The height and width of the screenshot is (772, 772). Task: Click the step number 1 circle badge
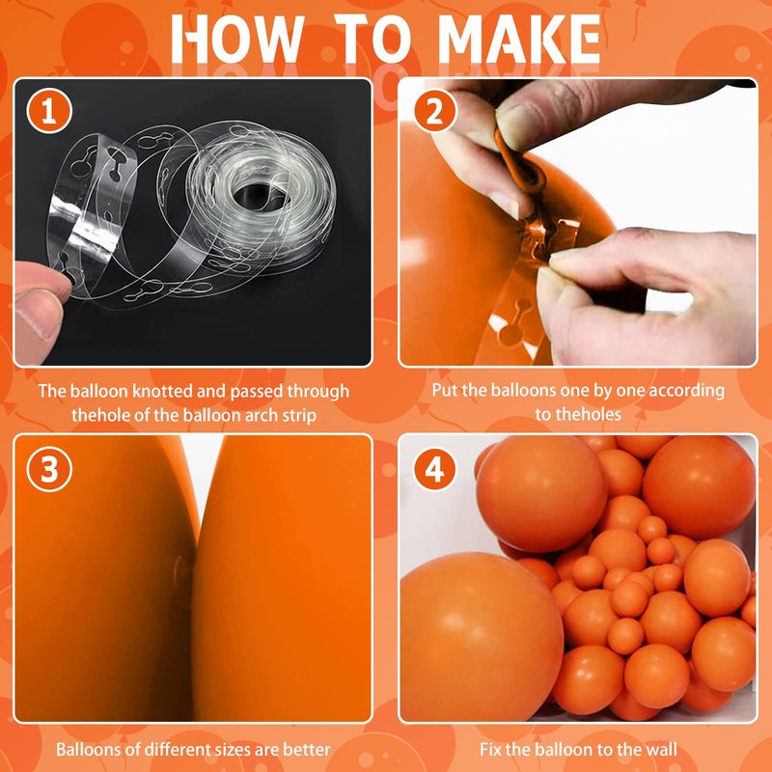point(49,111)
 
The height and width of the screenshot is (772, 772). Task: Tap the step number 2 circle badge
point(435,111)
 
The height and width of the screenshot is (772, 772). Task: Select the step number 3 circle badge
point(49,469)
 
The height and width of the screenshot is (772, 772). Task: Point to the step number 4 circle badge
point(435,469)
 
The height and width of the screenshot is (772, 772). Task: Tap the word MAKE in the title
point(518,39)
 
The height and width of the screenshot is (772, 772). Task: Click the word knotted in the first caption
point(162,391)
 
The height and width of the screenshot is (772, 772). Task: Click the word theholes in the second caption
point(586,415)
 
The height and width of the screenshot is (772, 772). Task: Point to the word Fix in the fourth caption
point(491,750)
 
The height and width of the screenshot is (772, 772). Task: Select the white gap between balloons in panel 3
point(201,475)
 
